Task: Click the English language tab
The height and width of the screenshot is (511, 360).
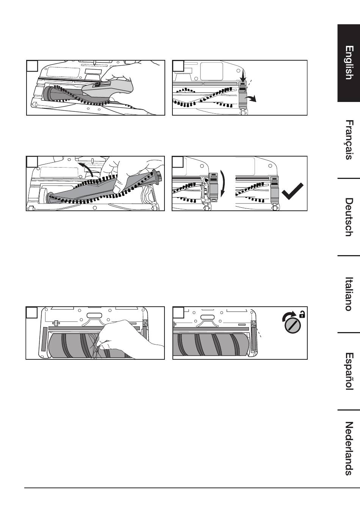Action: point(349,63)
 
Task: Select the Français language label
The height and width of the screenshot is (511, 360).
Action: point(349,140)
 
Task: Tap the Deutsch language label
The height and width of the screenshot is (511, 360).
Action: point(349,217)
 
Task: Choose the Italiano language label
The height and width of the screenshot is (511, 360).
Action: point(349,294)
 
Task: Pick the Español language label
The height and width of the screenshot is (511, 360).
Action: point(349,371)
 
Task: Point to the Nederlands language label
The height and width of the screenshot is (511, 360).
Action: point(349,448)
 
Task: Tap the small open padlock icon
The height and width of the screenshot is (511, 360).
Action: point(302,315)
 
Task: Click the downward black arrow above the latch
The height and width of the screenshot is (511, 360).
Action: point(244,77)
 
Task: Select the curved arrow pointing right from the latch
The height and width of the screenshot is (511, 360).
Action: point(251,99)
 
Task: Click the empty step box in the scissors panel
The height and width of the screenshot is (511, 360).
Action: point(32,66)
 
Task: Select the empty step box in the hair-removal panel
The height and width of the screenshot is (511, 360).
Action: point(31,312)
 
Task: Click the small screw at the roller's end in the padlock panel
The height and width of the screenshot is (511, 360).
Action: point(253,323)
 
